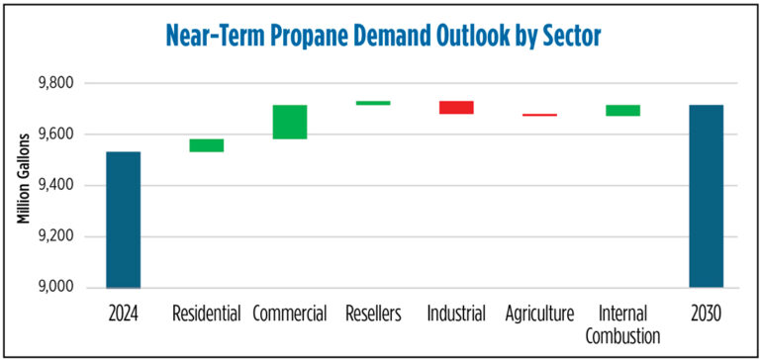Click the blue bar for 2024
[124, 220]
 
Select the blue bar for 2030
[706, 196]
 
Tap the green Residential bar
[207, 145]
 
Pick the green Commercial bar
[290, 122]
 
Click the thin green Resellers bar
[373, 103]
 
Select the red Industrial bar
[456, 107]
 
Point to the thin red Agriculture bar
[539, 115]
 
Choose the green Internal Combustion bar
[622, 110]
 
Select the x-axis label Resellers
[373, 315]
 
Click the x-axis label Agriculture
[539, 315]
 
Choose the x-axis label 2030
[706, 315]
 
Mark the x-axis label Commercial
[290, 315]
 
